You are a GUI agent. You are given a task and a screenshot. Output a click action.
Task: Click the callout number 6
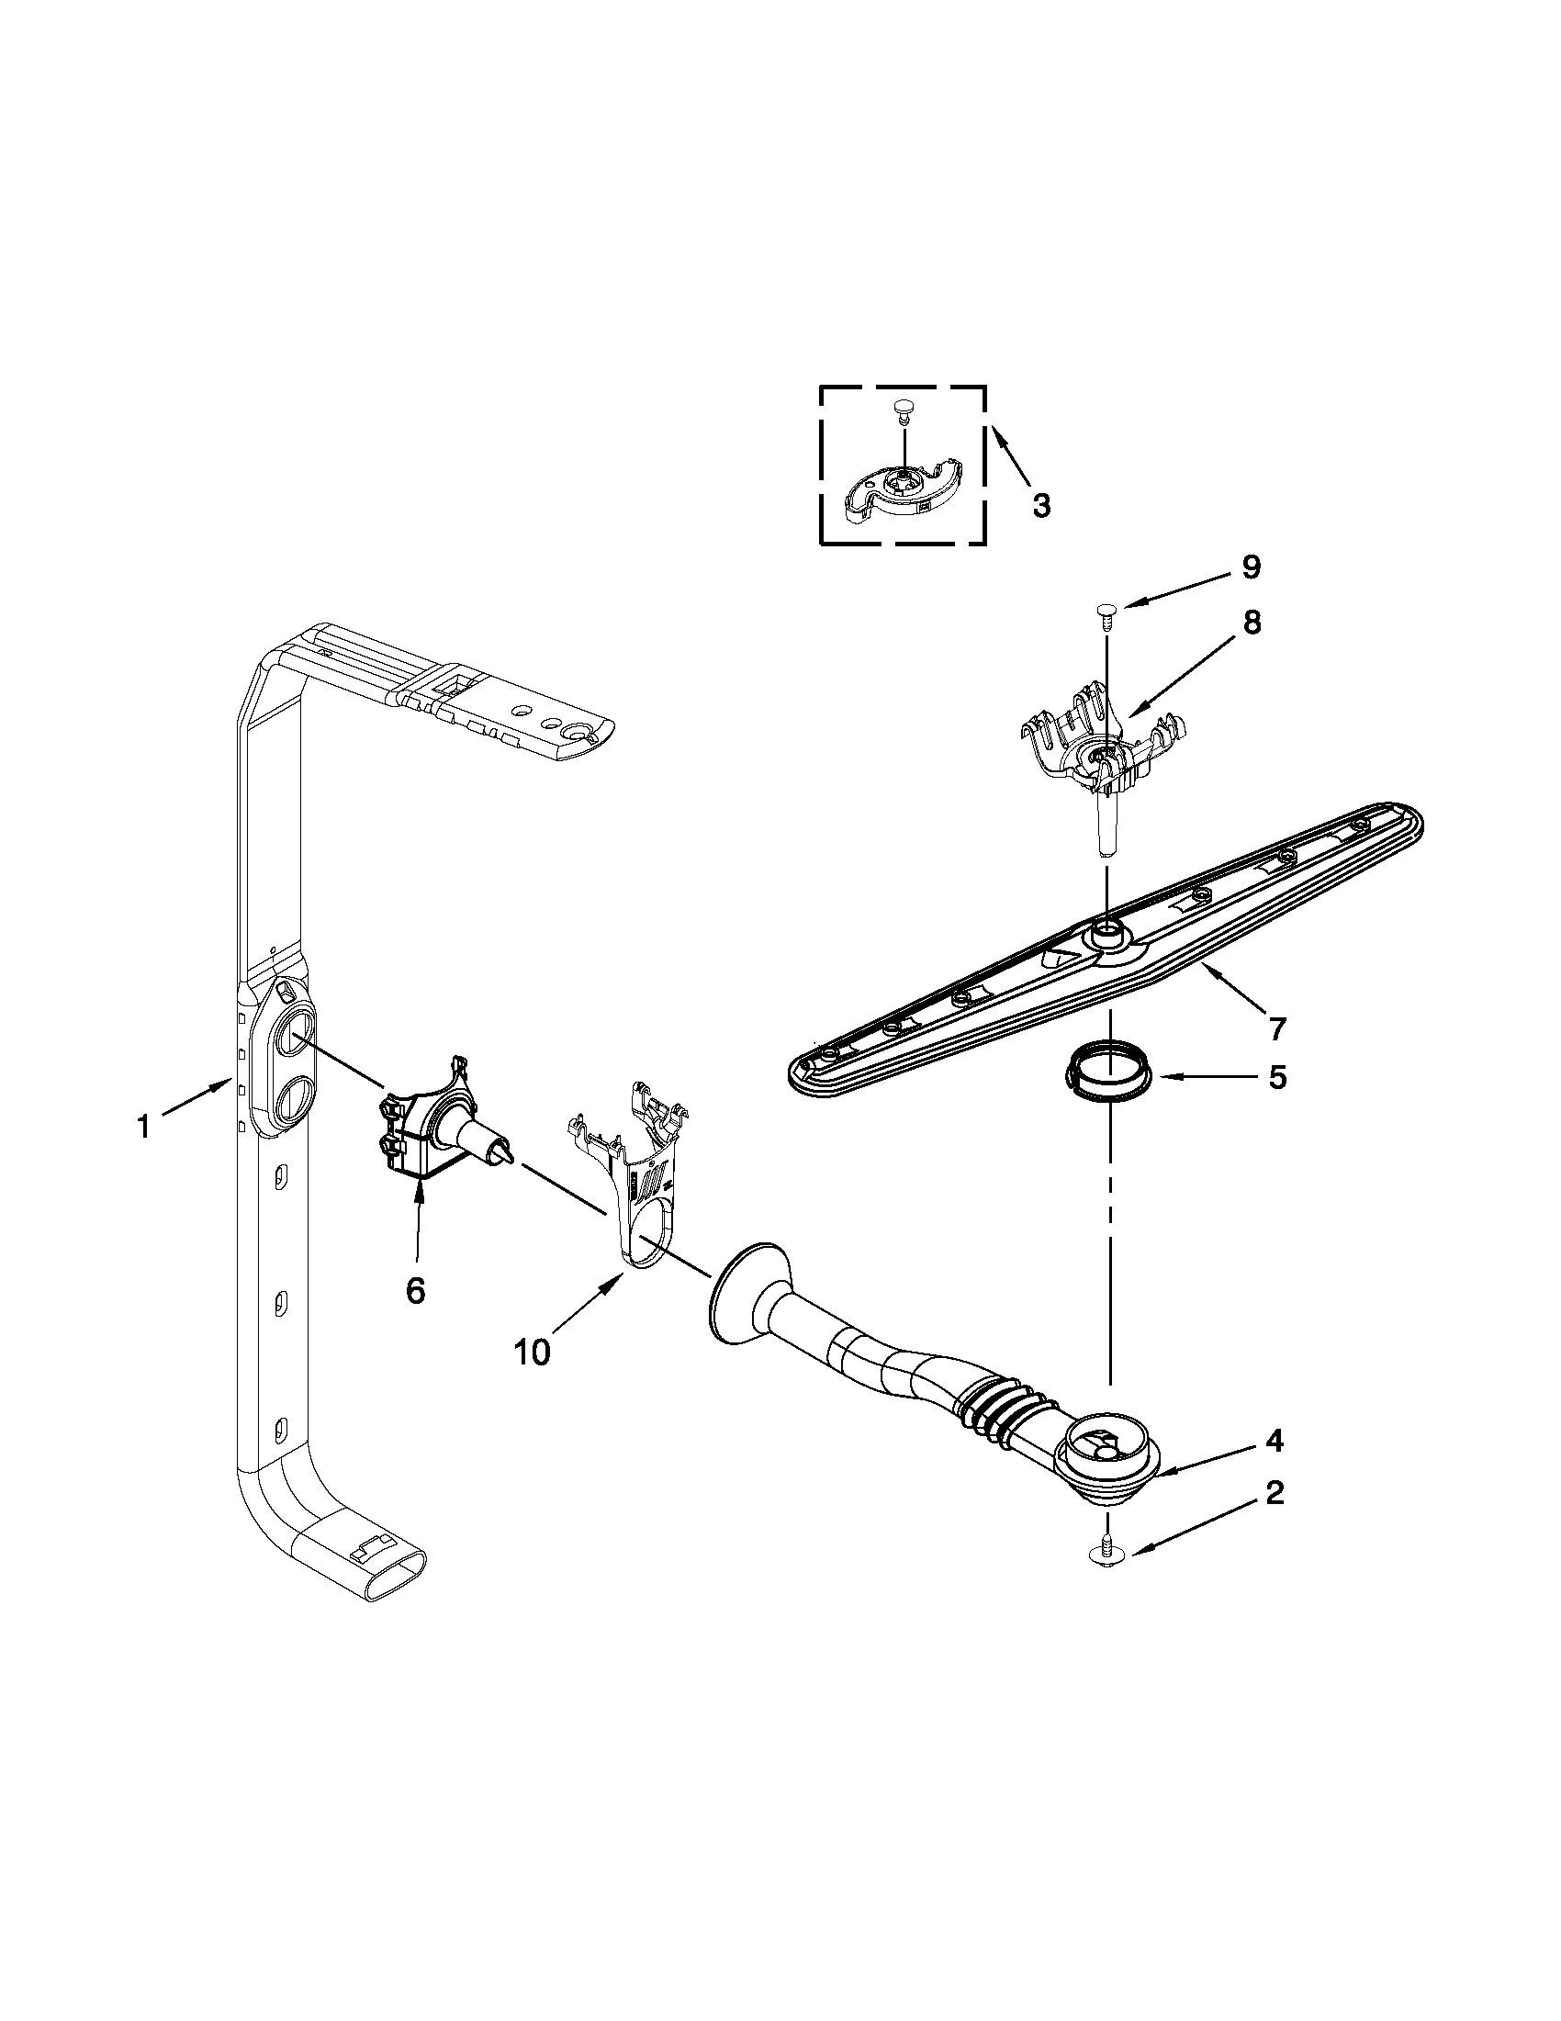pos(415,1289)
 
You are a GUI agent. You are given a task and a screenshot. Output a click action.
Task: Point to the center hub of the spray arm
pos(1106,936)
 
